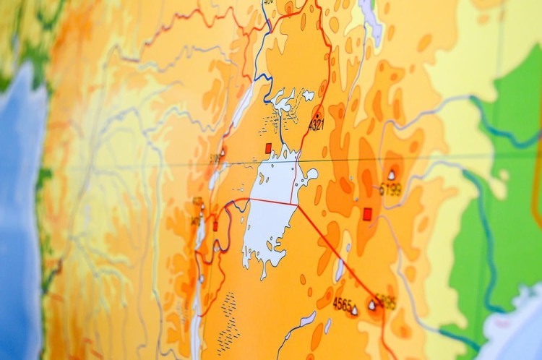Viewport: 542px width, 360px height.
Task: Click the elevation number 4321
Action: [317, 126]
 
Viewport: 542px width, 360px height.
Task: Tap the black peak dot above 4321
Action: [317, 115]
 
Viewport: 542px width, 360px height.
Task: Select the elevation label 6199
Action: [390, 189]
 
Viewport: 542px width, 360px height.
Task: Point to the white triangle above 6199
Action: [392, 175]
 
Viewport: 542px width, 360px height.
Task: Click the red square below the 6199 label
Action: [367, 213]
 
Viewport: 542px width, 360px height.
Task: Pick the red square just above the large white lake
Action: [268, 148]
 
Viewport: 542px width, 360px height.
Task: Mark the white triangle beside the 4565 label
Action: [354, 311]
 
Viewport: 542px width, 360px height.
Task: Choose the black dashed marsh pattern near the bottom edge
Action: [228, 322]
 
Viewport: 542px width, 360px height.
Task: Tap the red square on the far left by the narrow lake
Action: [215, 226]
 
